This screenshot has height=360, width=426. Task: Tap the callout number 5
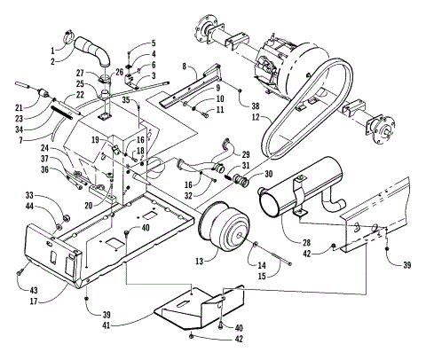[152, 43]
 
